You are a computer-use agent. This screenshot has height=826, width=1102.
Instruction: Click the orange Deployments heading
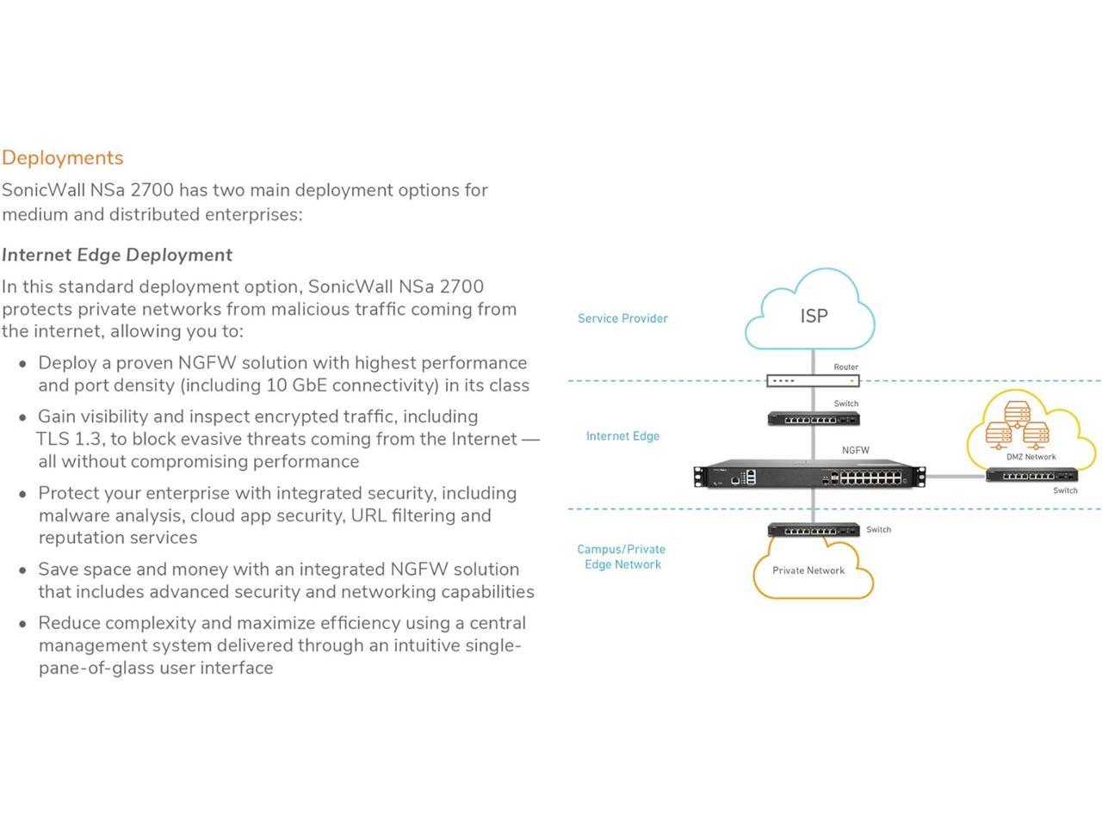coord(63,157)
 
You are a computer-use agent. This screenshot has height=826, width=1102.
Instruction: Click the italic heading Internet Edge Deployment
coord(117,255)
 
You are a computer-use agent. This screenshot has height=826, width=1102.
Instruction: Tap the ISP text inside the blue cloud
coord(814,316)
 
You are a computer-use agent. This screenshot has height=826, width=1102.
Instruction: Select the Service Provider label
coord(622,318)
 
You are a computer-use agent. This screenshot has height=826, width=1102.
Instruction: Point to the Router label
coord(845,367)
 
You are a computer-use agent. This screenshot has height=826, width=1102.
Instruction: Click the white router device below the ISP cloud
coord(813,380)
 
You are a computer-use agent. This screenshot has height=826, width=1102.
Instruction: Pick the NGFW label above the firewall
coord(855,450)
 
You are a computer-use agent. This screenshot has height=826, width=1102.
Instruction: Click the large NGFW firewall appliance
coord(810,476)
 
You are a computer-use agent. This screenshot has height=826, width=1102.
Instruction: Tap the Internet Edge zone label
coord(622,436)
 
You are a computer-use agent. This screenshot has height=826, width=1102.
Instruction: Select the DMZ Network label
coord(1031,457)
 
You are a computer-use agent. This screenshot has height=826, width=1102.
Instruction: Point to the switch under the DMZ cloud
coord(1031,475)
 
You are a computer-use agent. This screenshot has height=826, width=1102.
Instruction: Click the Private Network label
coord(808,570)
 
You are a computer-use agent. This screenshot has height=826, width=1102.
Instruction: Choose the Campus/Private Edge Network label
coord(622,557)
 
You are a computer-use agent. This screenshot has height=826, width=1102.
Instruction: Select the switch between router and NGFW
coord(813,419)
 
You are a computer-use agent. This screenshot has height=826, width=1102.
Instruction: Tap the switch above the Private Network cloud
coord(813,530)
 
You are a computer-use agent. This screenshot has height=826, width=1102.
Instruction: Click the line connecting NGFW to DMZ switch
coord(956,476)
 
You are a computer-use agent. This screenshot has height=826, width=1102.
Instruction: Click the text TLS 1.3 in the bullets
coord(69,439)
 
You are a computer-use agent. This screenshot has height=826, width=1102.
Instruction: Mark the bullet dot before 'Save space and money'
coord(22,570)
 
